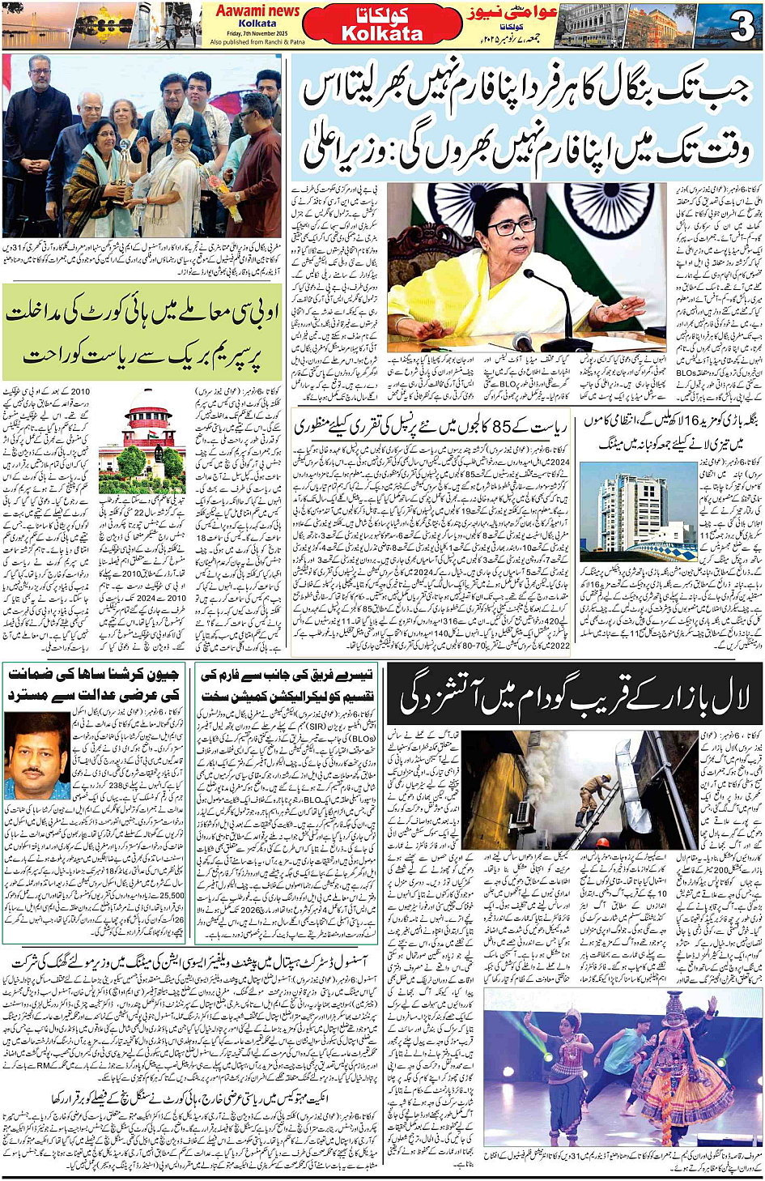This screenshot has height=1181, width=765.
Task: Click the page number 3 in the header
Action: tap(742, 28)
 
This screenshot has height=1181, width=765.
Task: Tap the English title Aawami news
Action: tap(257, 11)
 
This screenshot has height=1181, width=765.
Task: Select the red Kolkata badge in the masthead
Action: tap(382, 24)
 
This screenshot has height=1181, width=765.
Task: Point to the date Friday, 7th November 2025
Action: tap(257, 33)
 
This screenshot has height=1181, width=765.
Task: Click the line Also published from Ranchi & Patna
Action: tap(257, 42)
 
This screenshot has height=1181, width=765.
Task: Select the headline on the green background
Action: tap(142, 332)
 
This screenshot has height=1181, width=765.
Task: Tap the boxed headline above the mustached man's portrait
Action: tap(95, 685)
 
